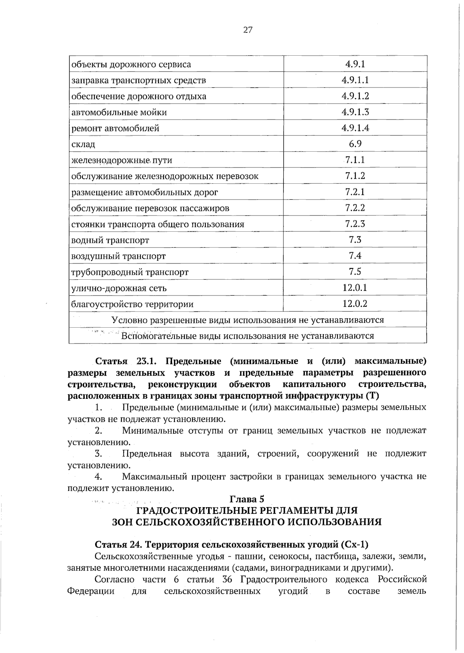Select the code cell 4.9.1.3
(355, 112)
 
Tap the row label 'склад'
(84, 145)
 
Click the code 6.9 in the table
(355, 144)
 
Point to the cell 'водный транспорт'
(110, 240)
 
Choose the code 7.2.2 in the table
(355, 208)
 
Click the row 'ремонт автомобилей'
(115, 128)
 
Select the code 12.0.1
(355, 287)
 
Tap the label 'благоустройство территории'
(132, 304)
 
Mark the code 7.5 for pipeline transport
(355, 272)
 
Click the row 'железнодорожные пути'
(122, 160)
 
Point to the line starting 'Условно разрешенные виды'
(247, 320)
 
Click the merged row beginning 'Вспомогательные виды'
(247, 336)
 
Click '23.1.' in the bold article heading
(146, 361)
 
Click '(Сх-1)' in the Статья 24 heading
(355, 545)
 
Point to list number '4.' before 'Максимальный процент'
(98, 477)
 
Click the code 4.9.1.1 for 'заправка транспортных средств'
(355, 80)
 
